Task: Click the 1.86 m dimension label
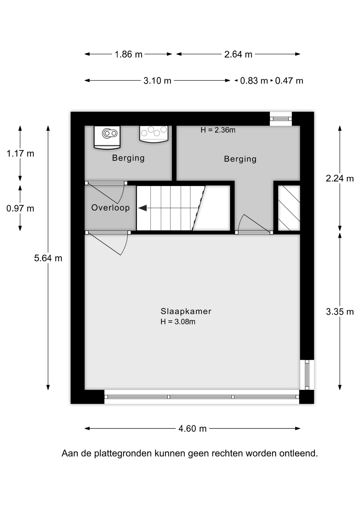[x=129, y=54]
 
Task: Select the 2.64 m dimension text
[x=238, y=54]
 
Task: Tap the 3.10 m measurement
[x=157, y=81]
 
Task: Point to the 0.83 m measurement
[x=254, y=81]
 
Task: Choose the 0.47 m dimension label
[x=289, y=81]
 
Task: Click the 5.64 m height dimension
[x=48, y=258]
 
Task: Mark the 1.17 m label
[x=20, y=153]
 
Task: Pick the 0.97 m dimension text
[x=20, y=208]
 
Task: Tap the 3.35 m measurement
[x=340, y=312]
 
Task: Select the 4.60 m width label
[x=192, y=429]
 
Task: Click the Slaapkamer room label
[x=186, y=311]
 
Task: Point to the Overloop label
[x=111, y=208]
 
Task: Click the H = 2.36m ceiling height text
[x=218, y=130]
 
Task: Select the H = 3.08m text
[x=178, y=322]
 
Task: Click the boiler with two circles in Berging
[x=107, y=137]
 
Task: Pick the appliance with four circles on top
[x=154, y=134]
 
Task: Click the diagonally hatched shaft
[x=289, y=208]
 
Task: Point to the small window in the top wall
[x=281, y=119]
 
